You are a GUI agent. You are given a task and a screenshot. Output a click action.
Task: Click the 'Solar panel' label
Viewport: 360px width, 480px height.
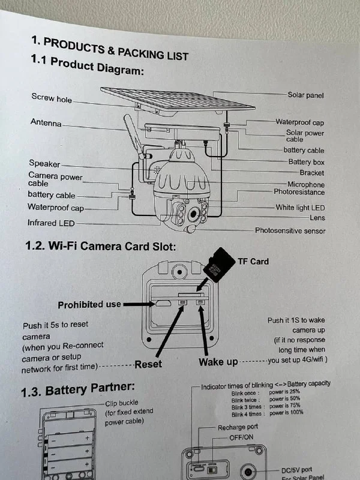[305, 95]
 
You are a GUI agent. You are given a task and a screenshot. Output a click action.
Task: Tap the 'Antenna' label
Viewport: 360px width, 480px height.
[46, 123]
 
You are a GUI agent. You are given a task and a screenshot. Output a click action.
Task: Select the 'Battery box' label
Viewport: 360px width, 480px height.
[306, 162]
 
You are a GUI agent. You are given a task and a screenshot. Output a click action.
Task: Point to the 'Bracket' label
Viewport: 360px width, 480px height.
[311, 173]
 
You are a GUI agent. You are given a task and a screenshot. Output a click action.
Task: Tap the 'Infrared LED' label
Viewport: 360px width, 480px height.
[51, 223]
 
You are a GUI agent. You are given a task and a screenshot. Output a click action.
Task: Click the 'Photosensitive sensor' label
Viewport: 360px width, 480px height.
[281, 230]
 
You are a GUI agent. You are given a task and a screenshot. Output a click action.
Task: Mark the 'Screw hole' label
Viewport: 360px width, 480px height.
[52, 98]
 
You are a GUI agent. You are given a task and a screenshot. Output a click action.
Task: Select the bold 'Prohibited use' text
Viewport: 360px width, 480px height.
[89, 305]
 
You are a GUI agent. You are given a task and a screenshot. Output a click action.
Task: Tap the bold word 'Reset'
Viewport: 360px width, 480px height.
[148, 364]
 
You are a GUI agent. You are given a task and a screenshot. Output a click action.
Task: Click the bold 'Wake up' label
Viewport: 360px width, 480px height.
[218, 362]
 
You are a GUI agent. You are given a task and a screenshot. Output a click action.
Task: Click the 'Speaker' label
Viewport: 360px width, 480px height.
[44, 163]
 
